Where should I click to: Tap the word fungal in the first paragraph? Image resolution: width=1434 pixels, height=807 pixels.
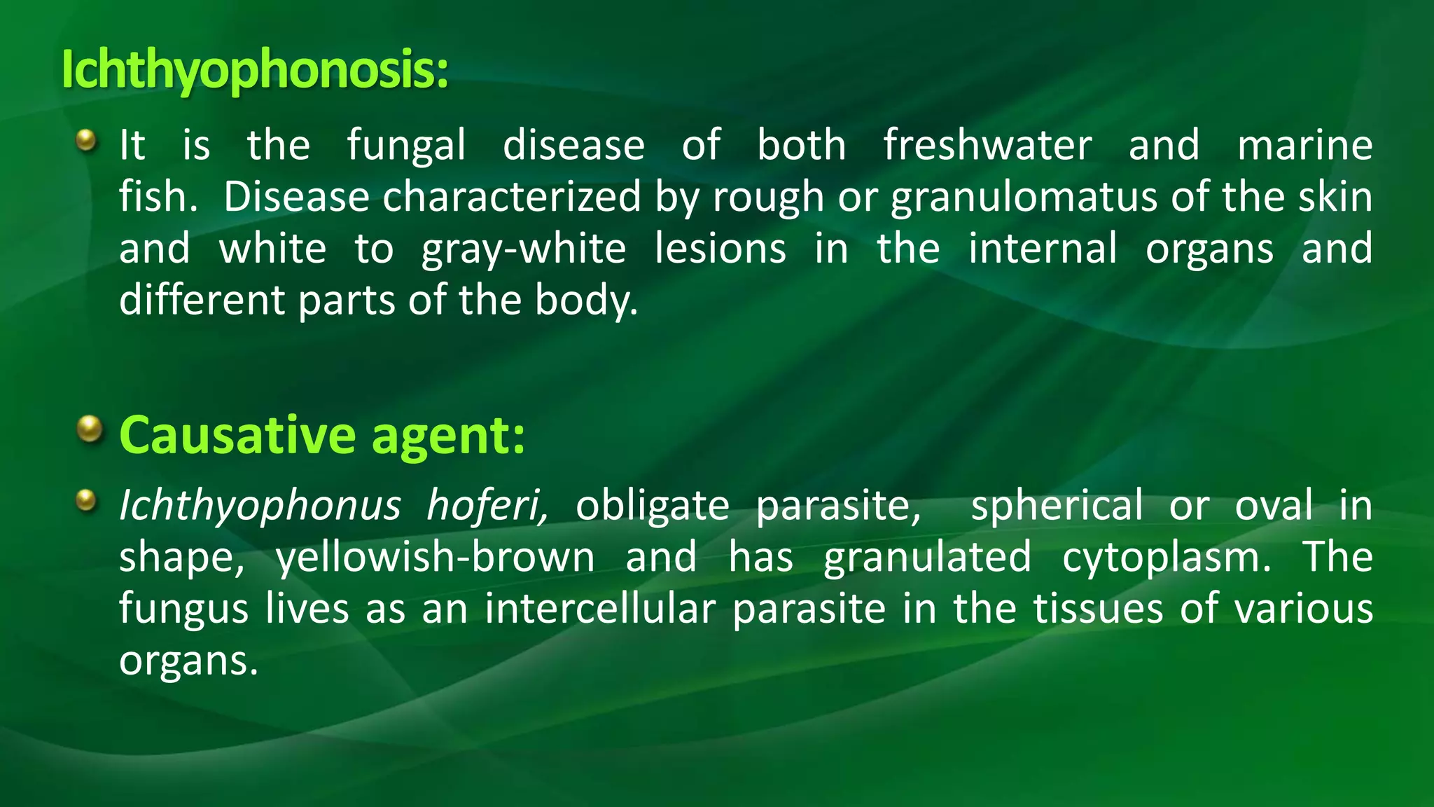tap(406, 146)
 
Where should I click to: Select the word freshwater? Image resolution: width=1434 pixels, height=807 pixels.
tap(987, 146)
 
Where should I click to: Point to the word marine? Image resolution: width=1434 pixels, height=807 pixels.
tap(1304, 146)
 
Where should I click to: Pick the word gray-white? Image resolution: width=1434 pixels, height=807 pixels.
tap(524, 249)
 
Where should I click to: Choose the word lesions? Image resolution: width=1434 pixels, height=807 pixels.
tap(721, 249)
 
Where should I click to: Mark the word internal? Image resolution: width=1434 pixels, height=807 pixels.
tap(1043, 249)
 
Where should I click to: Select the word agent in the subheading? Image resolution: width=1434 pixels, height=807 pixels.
tap(447, 436)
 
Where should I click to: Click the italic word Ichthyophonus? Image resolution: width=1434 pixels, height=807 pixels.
tap(260, 505)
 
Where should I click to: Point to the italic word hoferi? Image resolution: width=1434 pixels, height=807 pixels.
tap(488, 505)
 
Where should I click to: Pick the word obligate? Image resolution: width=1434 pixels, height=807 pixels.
tap(653, 505)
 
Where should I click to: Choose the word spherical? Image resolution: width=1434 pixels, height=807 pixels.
tap(1057, 505)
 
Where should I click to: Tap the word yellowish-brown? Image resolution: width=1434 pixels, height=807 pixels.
tap(435, 557)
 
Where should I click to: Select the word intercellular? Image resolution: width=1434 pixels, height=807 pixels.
tap(600, 609)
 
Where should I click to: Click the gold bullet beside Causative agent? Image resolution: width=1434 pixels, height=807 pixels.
tap(89, 428)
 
